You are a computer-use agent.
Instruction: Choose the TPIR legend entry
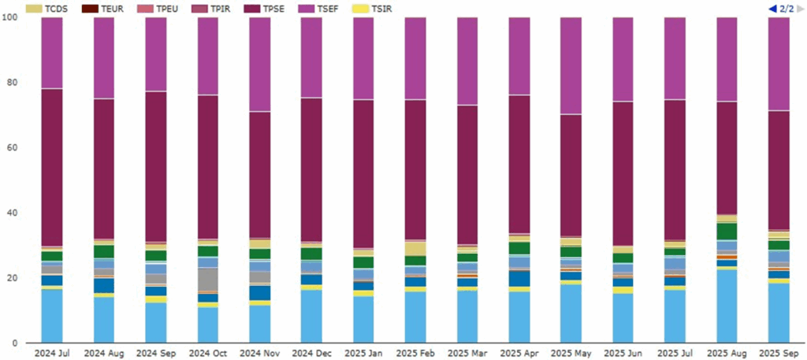coord(228,8)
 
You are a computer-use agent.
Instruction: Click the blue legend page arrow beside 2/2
coord(772,8)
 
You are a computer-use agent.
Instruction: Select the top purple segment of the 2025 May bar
coord(571,66)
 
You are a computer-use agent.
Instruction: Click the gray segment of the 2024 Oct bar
coord(208,279)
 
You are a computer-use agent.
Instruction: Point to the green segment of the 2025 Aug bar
coord(727,231)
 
